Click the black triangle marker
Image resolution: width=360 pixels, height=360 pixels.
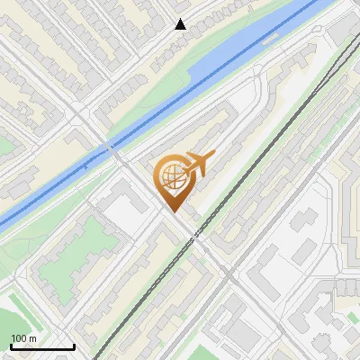pyautogui.click(x=181, y=24)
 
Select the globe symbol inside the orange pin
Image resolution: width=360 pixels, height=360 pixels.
pyautogui.click(x=171, y=177)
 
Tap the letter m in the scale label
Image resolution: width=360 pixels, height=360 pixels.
pyautogui.click(x=33, y=338)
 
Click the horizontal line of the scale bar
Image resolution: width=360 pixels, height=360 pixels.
pyautogui.click(x=42, y=346)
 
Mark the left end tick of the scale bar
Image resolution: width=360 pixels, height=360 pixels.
pyautogui.click(x=11, y=345)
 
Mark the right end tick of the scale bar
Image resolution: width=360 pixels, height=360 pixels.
pyautogui.click(x=74, y=345)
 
